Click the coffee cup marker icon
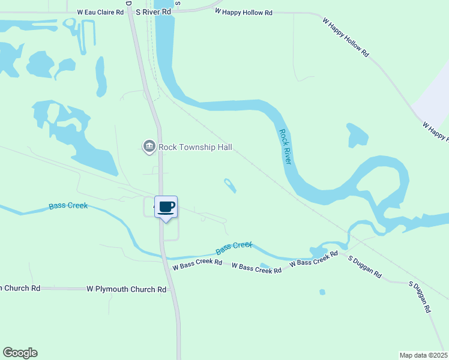tap(166, 208)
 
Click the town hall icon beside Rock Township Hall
tap(149, 146)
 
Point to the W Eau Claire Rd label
tap(100, 11)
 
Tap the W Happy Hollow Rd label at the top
tap(244, 12)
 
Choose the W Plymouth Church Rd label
tap(126, 289)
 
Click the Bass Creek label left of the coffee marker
tap(68, 206)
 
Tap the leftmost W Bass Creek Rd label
tap(197, 263)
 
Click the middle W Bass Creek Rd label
tap(256, 268)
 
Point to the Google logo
tap(20, 353)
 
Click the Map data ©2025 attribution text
tap(424, 355)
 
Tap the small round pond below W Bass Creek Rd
tap(322, 292)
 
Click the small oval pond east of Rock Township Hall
tap(230, 185)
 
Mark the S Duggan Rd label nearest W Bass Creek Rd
tap(365, 266)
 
